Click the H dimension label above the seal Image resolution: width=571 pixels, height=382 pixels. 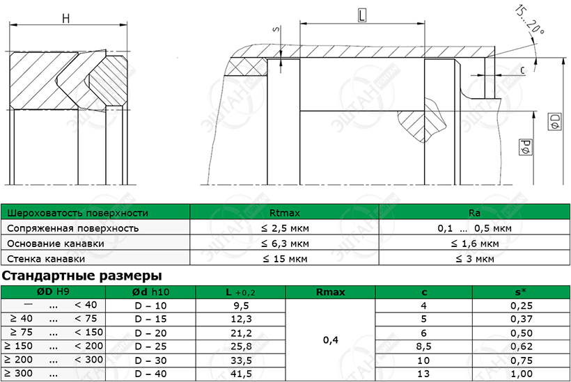pyautogui.click(x=66, y=18)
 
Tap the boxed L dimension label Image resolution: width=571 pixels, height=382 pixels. pyautogui.click(x=361, y=15)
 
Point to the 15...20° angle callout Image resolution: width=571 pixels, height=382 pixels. pyautogui.click(x=529, y=21)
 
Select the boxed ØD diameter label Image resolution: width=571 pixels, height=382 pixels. pyautogui.click(x=554, y=122)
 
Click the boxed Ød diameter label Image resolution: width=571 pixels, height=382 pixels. pyautogui.click(x=526, y=147)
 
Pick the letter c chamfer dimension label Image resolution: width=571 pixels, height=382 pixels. pyautogui.click(x=523, y=70)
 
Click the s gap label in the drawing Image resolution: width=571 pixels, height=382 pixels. pyautogui.click(x=276, y=29)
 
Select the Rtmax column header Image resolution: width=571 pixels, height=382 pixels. pyautogui.click(x=285, y=213)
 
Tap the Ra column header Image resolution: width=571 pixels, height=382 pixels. pyautogui.click(x=474, y=213)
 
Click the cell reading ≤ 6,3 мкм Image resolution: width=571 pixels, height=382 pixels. pyautogui.click(x=285, y=244)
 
